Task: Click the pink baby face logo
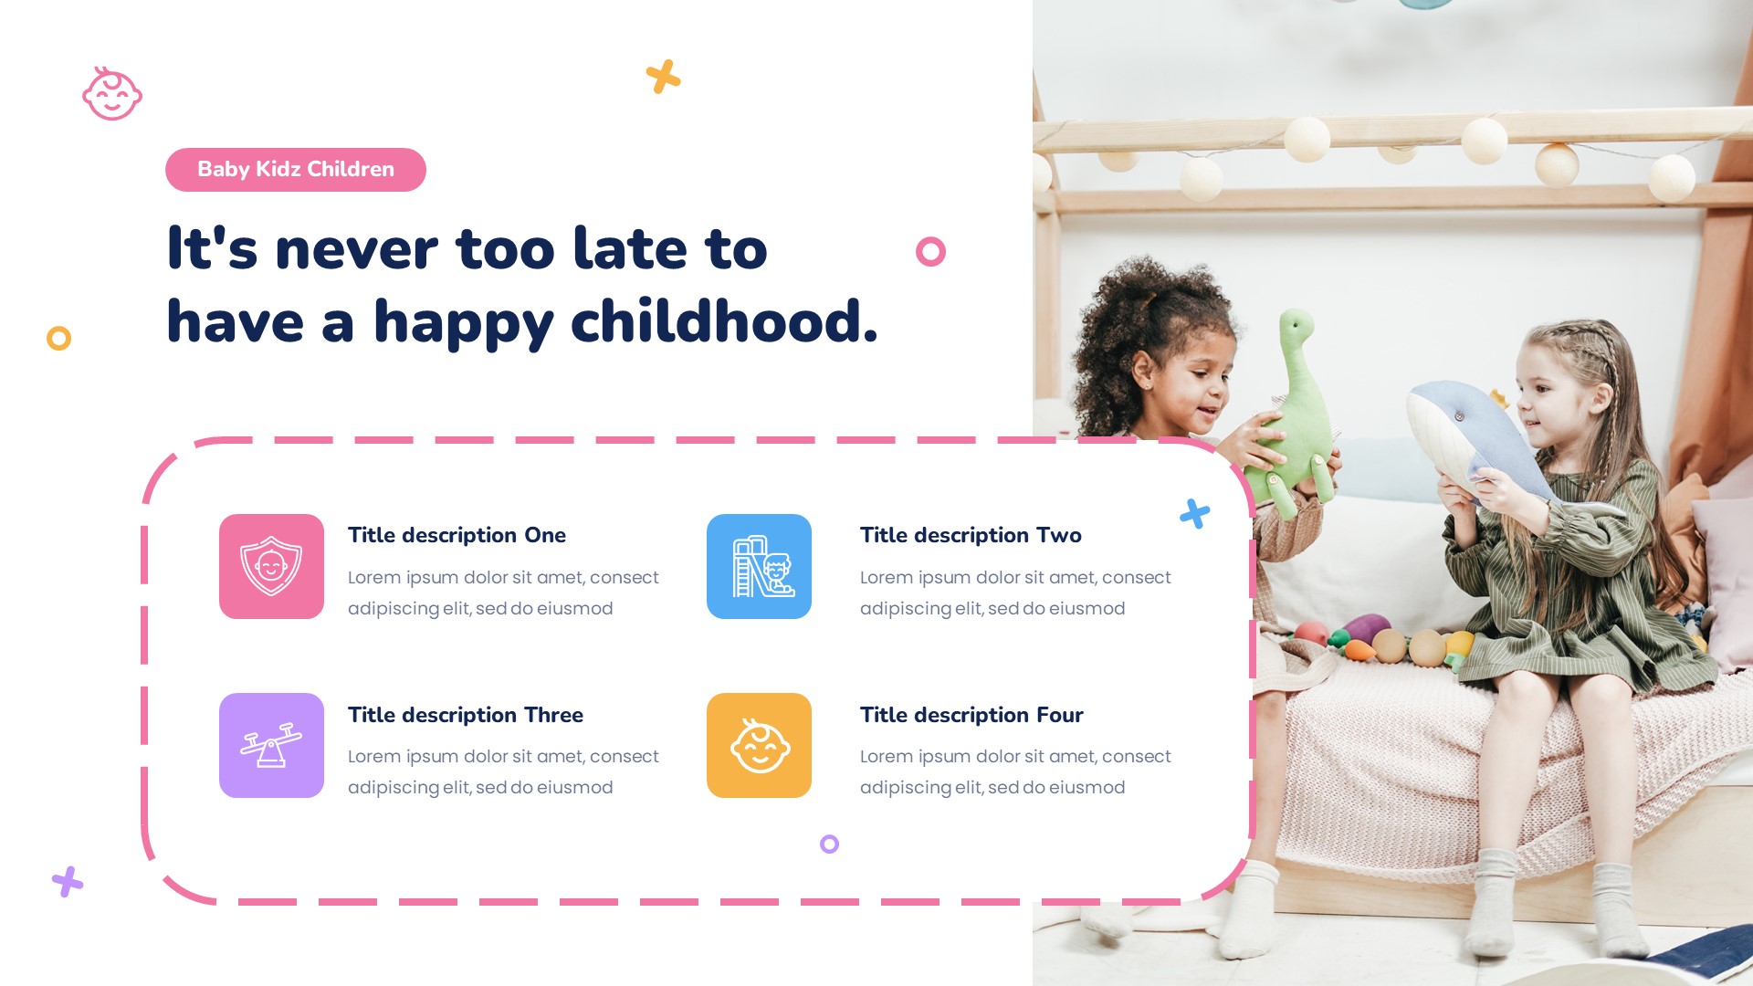pos(112,94)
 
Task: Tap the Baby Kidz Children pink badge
pos(295,170)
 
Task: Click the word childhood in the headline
pos(723,322)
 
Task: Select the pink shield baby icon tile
pos(271,566)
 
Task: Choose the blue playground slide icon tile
pos(759,566)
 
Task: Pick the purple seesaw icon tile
pos(271,745)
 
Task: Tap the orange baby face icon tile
pos(759,745)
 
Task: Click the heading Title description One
pos(457,535)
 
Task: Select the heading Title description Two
pos(970,535)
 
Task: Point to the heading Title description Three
pos(465,715)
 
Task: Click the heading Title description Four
pos(971,715)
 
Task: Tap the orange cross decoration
pos(664,77)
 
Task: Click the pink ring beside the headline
pos(930,251)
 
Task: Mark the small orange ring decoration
pos(58,339)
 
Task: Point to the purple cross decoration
pos(68,882)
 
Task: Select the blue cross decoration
pos(1194,514)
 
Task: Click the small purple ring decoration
pos(829,844)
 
